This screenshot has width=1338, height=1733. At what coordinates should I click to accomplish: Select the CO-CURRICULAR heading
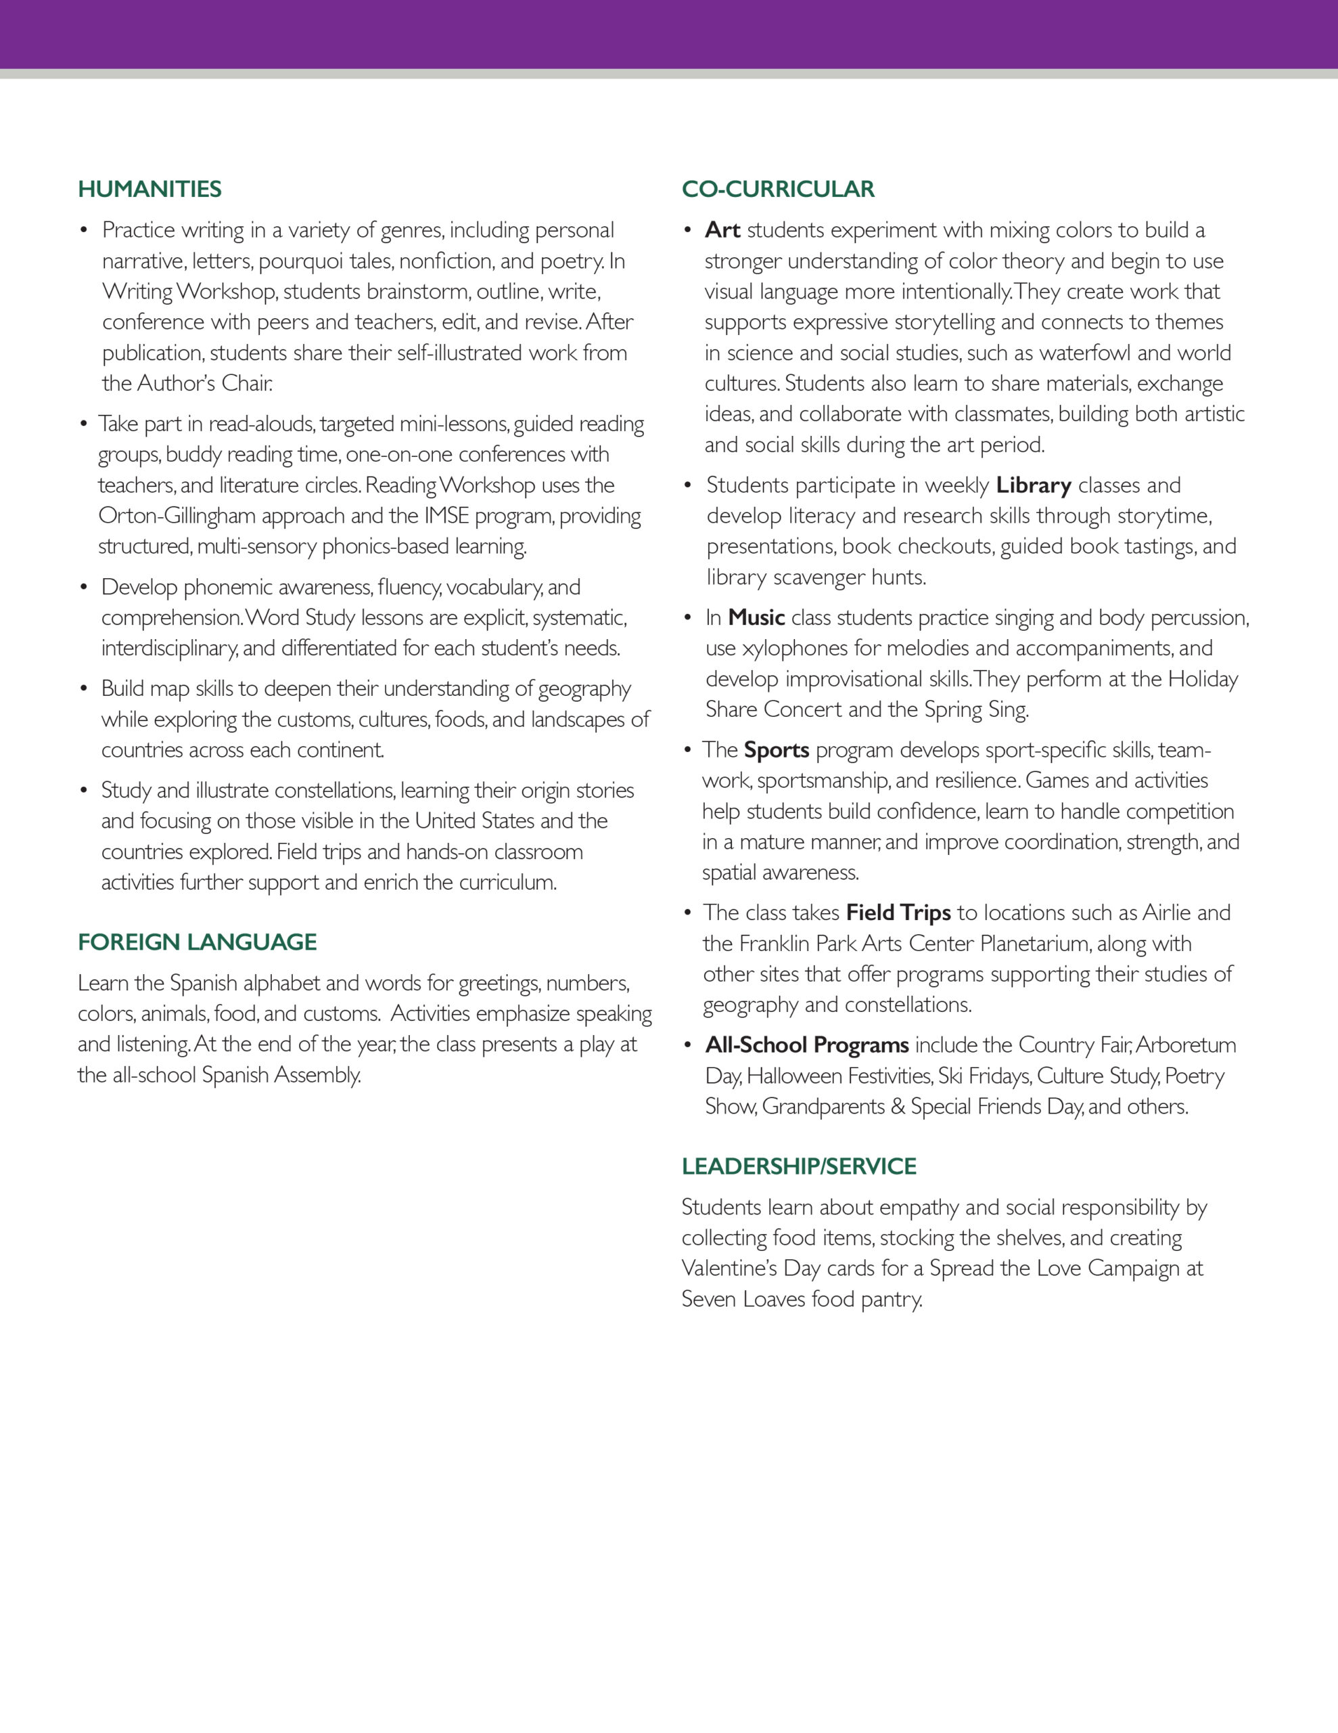pos(777,189)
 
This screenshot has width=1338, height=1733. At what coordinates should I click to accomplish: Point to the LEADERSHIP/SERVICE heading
pos(799,1166)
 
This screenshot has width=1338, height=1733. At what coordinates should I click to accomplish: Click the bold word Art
pos(722,230)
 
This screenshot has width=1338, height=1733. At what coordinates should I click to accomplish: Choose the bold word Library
pos(1034,485)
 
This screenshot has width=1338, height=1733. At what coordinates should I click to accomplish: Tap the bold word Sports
pos(776,750)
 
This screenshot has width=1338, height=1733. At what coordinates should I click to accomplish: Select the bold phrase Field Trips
pos(898,913)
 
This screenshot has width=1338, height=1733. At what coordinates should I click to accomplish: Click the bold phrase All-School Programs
pos(806,1045)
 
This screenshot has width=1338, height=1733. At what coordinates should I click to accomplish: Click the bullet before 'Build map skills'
pos(83,688)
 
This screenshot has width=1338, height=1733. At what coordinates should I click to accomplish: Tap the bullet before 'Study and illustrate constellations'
pos(83,790)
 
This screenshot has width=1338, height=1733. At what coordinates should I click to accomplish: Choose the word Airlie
pos(1166,913)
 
